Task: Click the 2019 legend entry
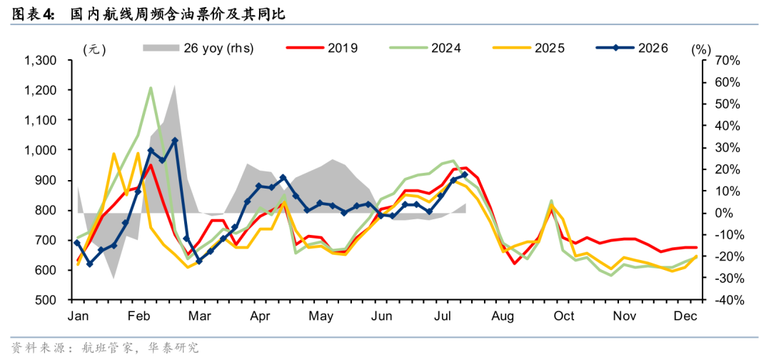coord(321,48)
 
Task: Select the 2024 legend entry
coord(425,48)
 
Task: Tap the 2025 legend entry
coord(528,48)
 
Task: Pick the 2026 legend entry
coord(632,48)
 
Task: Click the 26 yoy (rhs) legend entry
coord(198,48)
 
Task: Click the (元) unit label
coord(94,49)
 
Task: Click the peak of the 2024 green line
coord(151,88)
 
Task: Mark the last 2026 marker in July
coord(465,174)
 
